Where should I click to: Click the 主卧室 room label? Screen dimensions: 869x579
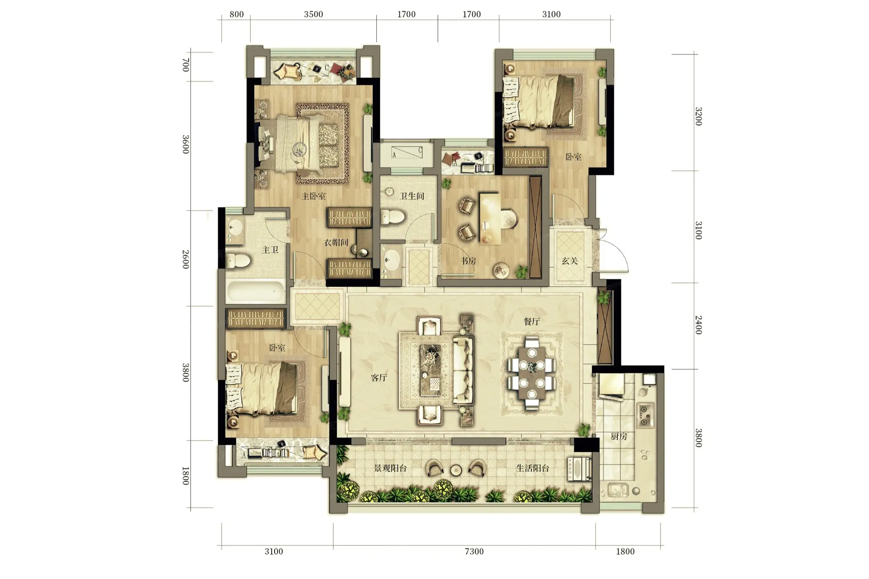(313, 196)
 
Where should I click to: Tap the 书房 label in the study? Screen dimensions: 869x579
(468, 261)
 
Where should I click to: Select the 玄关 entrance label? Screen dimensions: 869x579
(569, 261)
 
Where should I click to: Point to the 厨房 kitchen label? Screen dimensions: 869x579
(619, 437)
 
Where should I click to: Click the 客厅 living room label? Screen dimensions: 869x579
(379, 378)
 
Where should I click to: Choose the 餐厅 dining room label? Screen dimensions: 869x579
(532, 322)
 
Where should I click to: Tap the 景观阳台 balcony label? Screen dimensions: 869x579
(390, 468)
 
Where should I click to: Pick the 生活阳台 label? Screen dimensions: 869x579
(532, 468)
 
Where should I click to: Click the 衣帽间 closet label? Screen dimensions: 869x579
(336, 242)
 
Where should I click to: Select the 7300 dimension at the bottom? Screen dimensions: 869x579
(474, 552)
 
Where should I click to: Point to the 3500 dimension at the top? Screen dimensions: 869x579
(313, 14)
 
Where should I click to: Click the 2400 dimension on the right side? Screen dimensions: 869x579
(698, 325)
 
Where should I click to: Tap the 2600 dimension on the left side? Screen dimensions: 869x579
(186, 259)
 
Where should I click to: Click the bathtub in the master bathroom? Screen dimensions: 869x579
(255, 291)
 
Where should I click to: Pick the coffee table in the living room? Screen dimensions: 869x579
(431, 370)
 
